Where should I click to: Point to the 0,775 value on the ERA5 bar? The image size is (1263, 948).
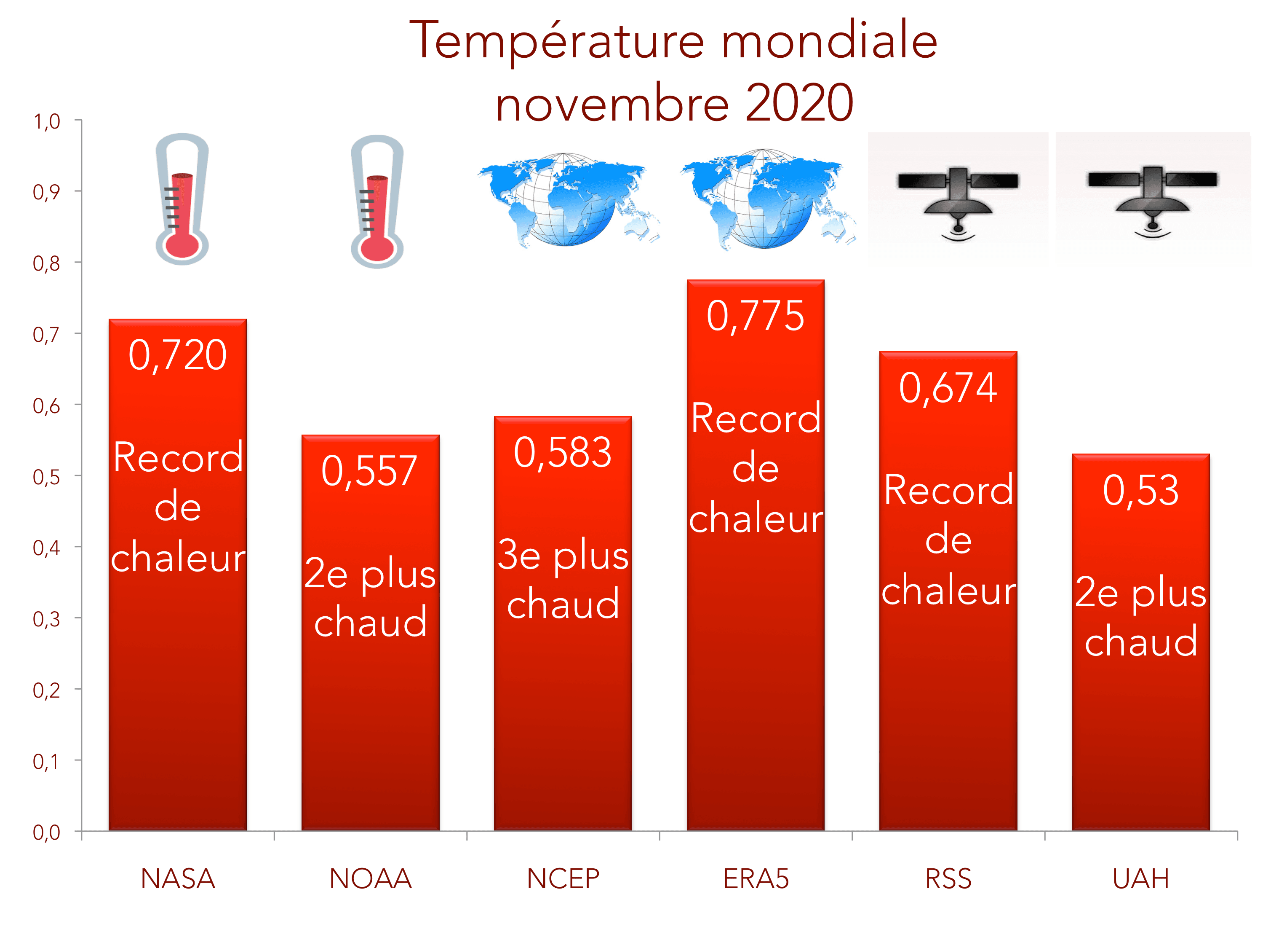(x=756, y=316)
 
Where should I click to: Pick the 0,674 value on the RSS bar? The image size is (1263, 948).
(x=948, y=388)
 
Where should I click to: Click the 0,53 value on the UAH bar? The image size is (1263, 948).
(x=1140, y=490)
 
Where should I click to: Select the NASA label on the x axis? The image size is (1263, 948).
(x=178, y=879)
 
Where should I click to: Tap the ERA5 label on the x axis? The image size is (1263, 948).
(x=756, y=879)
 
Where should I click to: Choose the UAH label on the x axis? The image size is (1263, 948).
(x=1141, y=879)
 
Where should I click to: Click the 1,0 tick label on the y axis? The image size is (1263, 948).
(x=46, y=122)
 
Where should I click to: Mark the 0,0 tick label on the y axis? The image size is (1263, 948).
(x=46, y=833)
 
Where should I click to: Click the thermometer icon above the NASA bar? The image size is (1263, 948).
(x=182, y=199)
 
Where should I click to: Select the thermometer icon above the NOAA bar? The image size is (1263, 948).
(x=377, y=201)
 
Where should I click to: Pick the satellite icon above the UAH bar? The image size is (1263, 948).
(x=1152, y=200)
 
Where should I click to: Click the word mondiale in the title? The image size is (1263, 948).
(x=829, y=41)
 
